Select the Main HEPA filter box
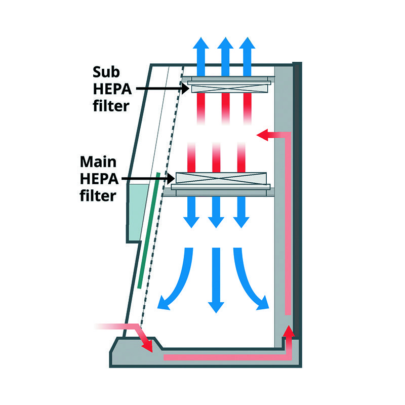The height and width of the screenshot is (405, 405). [220, 178]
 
